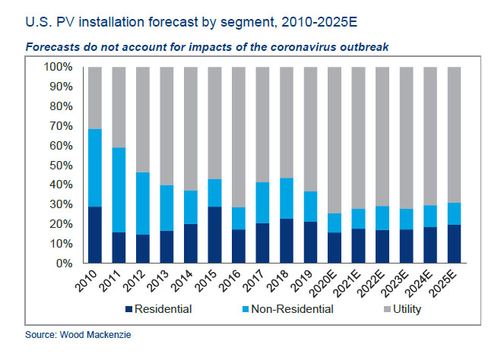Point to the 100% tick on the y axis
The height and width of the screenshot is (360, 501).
58,67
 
